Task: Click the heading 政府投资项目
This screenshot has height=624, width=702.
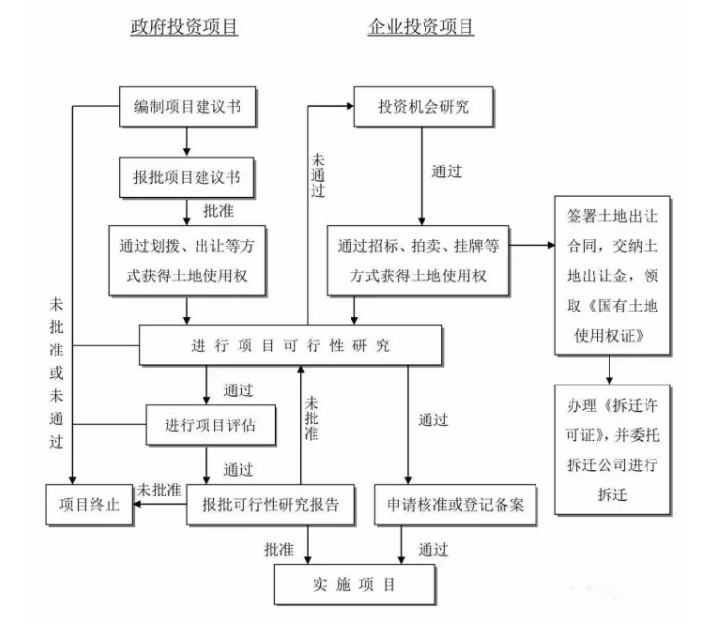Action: point(184,27)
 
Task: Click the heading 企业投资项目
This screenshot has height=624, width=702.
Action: point(421,27)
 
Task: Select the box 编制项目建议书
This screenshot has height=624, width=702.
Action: point(188,107)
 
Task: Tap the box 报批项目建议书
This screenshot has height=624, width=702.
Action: point(187,178)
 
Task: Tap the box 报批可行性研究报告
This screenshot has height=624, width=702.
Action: point(271,504)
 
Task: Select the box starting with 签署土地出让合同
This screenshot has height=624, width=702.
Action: point(609,275)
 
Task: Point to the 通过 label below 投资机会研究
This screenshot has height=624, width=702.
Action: point(446,171)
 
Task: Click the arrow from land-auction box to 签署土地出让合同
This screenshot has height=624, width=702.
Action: point(532,245)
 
